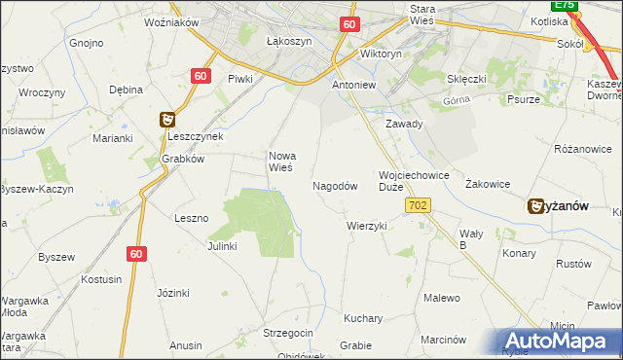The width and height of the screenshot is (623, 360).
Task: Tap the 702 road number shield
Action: tap(419, 205)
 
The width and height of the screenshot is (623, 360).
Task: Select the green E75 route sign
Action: tap(572, 5)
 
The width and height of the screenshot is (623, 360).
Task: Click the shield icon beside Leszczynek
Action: tap(167, 120)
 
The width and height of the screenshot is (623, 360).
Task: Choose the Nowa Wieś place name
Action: tap(282, 161)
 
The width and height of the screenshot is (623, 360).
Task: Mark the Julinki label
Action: tap(222, 246)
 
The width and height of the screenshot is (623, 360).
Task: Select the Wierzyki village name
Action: tap(367, 226)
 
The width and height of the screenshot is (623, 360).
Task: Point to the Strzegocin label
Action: tap(288, 333)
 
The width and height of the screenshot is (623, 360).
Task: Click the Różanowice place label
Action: tap(582, 149)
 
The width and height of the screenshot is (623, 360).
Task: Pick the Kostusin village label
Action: tap(102, 279)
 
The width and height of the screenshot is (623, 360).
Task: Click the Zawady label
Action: tap(404, 124)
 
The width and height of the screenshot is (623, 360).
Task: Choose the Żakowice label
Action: tap(488, 183)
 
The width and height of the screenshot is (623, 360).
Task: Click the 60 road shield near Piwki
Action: tap(200, 75)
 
